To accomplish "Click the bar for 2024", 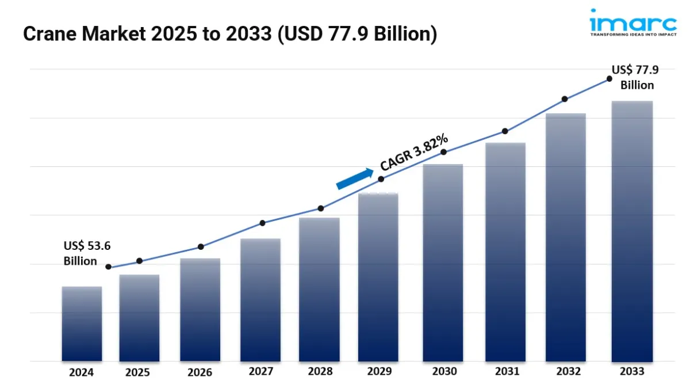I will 82,324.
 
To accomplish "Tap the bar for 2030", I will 443,263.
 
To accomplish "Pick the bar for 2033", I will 632,231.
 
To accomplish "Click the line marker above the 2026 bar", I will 201,247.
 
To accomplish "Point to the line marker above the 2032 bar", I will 565,99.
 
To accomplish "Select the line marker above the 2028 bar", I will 321,208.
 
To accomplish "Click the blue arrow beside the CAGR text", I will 354,178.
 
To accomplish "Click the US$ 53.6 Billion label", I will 86,253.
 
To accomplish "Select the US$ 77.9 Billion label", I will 635,78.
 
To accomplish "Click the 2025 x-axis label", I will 137,372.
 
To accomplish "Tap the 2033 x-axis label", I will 632,372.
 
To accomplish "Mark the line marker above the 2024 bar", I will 109,267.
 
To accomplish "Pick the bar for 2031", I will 505,252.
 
